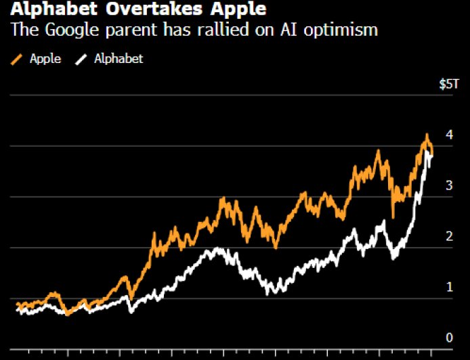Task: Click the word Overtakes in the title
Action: click(141, 11)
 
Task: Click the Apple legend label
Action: click(45, 59)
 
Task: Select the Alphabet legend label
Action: click(119, 59)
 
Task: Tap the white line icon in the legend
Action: click(81, 60)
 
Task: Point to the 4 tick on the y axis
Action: click(448, 135)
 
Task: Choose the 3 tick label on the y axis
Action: click(448, 185)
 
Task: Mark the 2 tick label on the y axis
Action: click(448, 236)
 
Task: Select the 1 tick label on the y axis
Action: click(448, 287)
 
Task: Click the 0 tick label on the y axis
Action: click(448, 338)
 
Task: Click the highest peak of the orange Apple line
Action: click(427, 135)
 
